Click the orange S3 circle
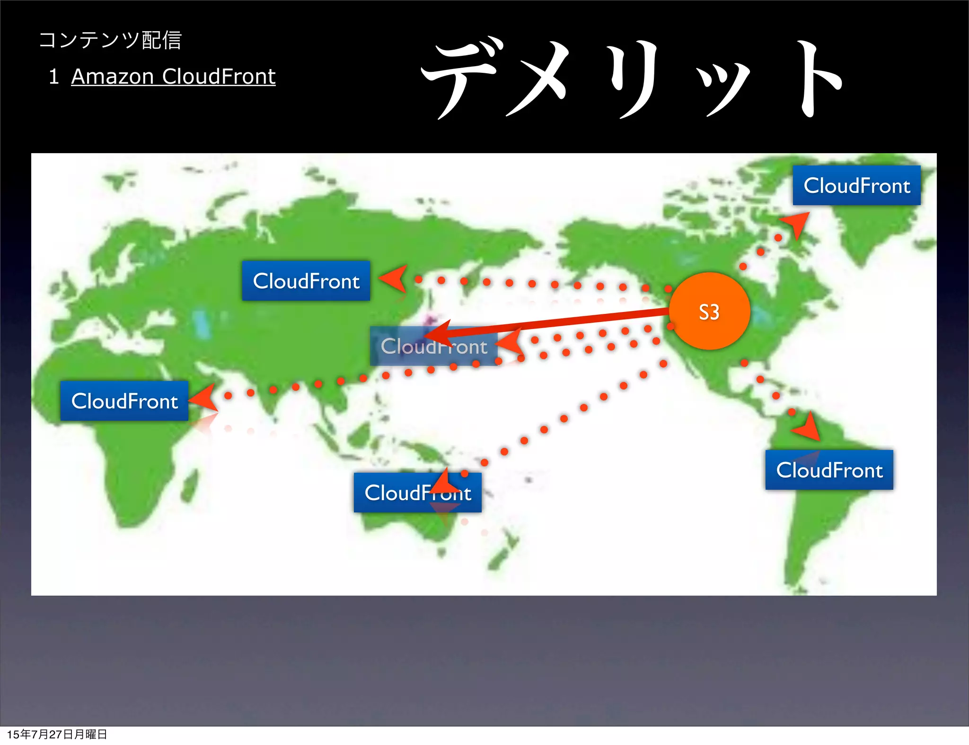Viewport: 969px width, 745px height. click(x=709, y=311)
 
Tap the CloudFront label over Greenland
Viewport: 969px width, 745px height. click(x=856, y=185)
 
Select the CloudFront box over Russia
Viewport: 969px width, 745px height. click(x=306, y=281)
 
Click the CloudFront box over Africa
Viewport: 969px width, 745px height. click(x=124, y=401)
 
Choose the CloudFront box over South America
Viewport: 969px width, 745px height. click(x=829, y=470)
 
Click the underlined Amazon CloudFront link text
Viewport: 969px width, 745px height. click(x=173, y=77)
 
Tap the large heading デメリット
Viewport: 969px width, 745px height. click(x=632, y=78)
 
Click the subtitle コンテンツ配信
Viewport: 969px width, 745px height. click(x=110, y=40)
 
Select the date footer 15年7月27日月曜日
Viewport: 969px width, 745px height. click(x=57, y=734)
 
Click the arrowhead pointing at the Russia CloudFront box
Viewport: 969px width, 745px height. click(x=394, y=278)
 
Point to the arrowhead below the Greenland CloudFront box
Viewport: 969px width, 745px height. click(x=797, y=223)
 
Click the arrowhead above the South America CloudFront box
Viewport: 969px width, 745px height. click(x=809, y=427)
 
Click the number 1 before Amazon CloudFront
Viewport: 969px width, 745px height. click(x=53, y=77)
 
